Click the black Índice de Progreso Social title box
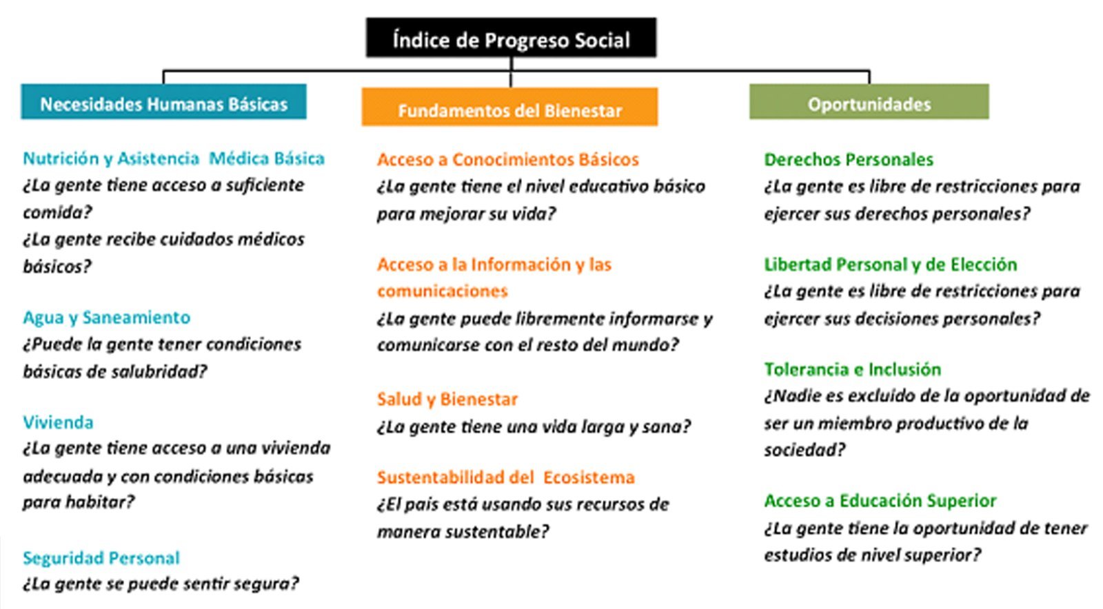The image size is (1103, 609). [511, 38]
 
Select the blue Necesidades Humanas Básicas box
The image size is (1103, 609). [163, 102]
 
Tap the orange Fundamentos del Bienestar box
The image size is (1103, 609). [509, 107]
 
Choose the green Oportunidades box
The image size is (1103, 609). [869, 102]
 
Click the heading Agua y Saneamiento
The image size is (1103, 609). [106, 318]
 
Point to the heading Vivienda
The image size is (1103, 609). [58, 422]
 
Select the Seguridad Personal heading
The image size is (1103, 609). [101, 558]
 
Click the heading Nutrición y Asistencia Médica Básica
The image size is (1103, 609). [174, 158]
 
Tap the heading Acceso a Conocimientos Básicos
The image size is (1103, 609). [507, 159]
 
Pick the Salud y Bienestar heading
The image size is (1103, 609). [447, 399]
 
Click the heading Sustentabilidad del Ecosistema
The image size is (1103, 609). [506, 477]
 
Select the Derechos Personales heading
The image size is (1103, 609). [849, 159]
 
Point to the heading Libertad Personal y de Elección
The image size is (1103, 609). [890, 265]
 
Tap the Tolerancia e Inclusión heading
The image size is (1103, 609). [852, 369]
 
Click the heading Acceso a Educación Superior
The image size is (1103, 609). [880, 501]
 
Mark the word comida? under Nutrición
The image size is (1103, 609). [58, 212]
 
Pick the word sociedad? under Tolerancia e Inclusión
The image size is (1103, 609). [805, 450]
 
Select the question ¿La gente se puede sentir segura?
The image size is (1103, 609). [161, 584]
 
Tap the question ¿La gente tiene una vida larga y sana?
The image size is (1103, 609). [534, 426]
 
